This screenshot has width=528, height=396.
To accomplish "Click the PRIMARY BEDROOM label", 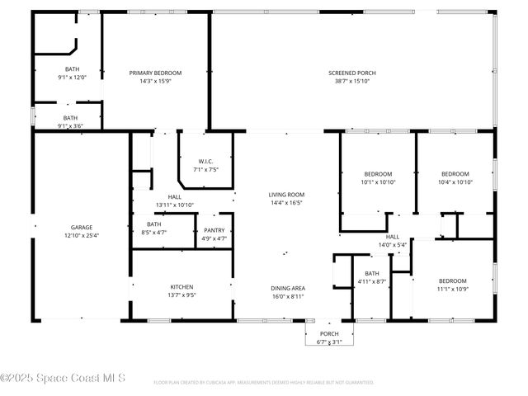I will point(155,73).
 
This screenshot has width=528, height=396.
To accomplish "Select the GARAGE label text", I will point(81,227).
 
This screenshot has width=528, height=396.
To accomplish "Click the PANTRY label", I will point(214,230).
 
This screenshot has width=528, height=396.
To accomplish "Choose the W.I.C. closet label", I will point(206,161).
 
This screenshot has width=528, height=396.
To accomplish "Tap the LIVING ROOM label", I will point(286,195).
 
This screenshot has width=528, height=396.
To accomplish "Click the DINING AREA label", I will point(287,288).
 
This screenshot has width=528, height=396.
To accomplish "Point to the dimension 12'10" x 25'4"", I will point(81,235).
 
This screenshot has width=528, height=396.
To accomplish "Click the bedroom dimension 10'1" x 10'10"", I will point(379,181).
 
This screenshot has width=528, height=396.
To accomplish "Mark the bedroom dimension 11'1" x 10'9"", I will point(452,289).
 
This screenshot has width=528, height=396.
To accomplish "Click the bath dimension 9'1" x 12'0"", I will point(72,77).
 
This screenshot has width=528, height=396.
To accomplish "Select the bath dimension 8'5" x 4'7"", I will point(154,233).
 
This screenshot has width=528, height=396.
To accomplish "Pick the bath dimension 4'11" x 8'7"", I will point(372,281).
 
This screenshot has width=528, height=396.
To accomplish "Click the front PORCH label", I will point(329,334).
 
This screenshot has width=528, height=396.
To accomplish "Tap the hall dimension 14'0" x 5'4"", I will point(393,245).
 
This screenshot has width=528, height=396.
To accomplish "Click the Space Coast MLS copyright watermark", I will point(63,379).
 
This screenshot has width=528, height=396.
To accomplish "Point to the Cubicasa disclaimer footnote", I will point(264,383).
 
